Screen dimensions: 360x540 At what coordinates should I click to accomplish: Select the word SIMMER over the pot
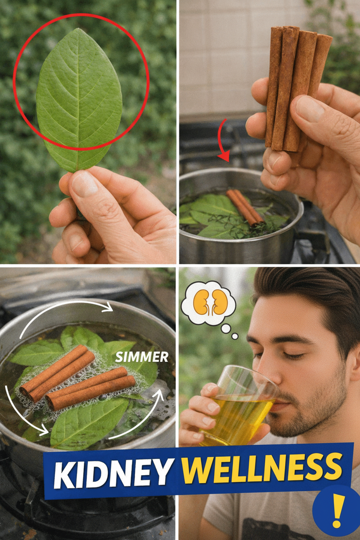(x=141, y=357)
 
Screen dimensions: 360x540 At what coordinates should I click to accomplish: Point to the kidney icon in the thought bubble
(x=209, y=302)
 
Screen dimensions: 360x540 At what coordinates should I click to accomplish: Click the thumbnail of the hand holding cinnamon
(x=310, y=109)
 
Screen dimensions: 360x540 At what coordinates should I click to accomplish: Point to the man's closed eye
(x=291, y=355)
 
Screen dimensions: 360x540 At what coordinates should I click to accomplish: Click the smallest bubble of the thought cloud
(x=235, y=336)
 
